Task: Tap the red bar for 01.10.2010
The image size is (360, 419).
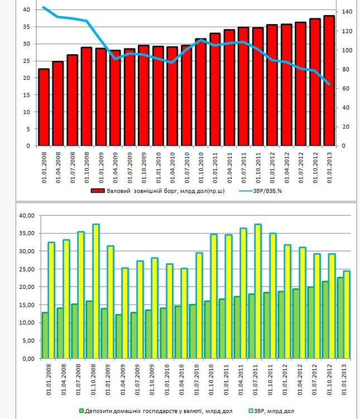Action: pyautogui.click(x=201, y=92)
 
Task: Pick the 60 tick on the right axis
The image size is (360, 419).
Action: pyautogui.click(x=345, y=88)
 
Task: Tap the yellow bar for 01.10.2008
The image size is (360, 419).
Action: pyautogui.click(x=96, y=291)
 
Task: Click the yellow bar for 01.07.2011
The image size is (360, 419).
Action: pyautogui.click(x=258, y=291)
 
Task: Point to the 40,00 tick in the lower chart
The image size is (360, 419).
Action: pyautogui.click(x=27, y=216)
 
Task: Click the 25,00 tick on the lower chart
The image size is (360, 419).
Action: pyautogui.click(x=27, y=269)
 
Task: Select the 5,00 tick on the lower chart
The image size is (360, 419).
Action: pyautogui.click(x=28, y=340)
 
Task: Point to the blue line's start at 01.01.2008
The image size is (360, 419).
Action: pyautogui.click(x=44, y=7)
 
